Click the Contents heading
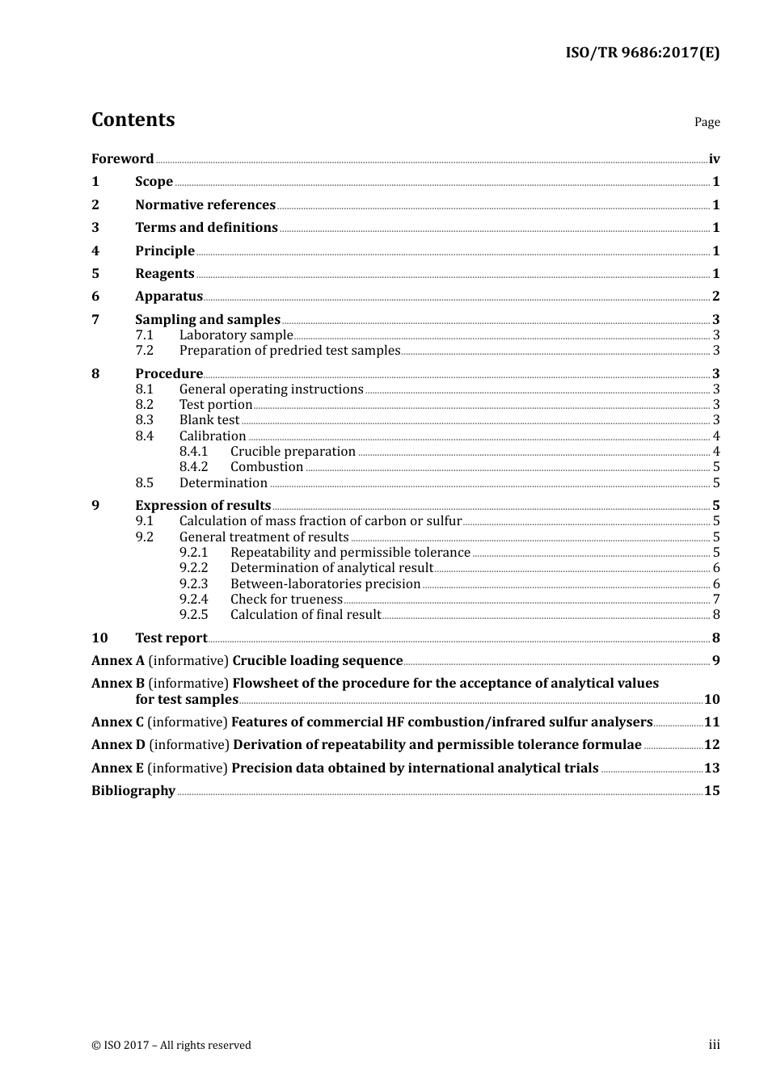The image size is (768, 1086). tap(133, 120)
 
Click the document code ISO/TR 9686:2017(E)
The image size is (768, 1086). tap(642, 53)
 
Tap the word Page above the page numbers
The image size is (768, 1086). tap(707, 122)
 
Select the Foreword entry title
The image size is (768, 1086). tap(122, 159)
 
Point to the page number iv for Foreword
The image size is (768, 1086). tap(714, 159)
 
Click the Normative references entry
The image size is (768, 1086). tap(205, 205)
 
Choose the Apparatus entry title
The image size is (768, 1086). tap(169, 297)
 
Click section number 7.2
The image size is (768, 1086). tap(144, 351)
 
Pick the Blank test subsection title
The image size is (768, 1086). tap(209, 420)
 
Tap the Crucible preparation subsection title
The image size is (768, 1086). tap(293, 452)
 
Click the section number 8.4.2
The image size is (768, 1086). tap(193, 467)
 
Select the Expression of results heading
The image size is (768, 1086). tap(203, 506)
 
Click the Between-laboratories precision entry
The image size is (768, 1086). tap(325, 584)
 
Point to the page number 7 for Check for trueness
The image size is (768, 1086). tap(716, 600)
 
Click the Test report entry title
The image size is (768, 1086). tap(171, 638)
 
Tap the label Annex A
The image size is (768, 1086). tap(118, 661)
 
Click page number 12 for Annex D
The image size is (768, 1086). tap(711, 745)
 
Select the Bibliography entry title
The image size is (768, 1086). tap(133, 791)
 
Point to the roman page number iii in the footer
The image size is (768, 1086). tap(714, 1045)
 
